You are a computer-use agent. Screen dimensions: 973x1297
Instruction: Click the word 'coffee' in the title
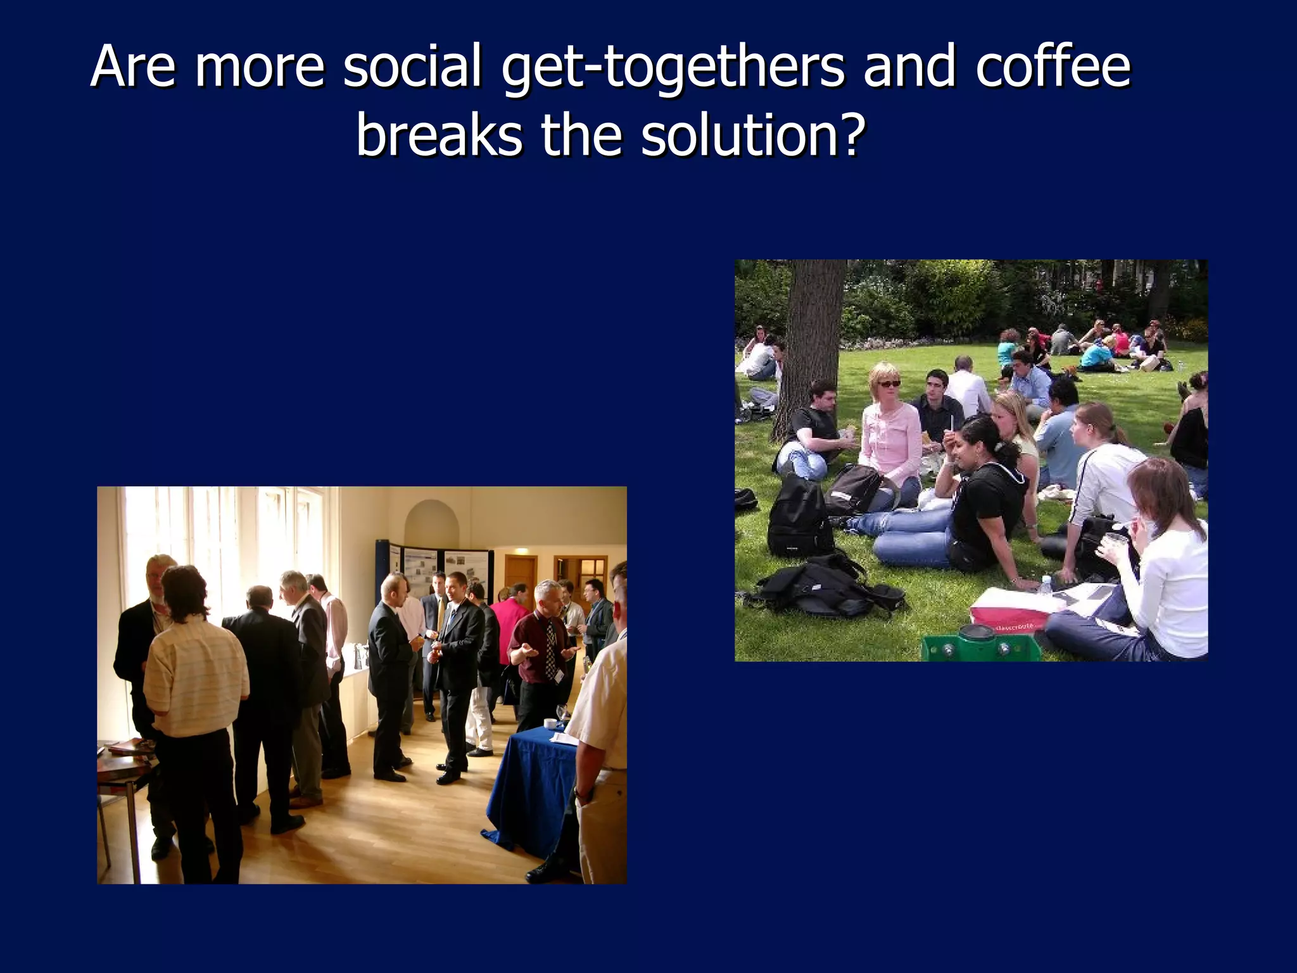click(1053, 67)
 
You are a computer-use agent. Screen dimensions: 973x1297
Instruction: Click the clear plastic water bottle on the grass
click(1044, 585)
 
